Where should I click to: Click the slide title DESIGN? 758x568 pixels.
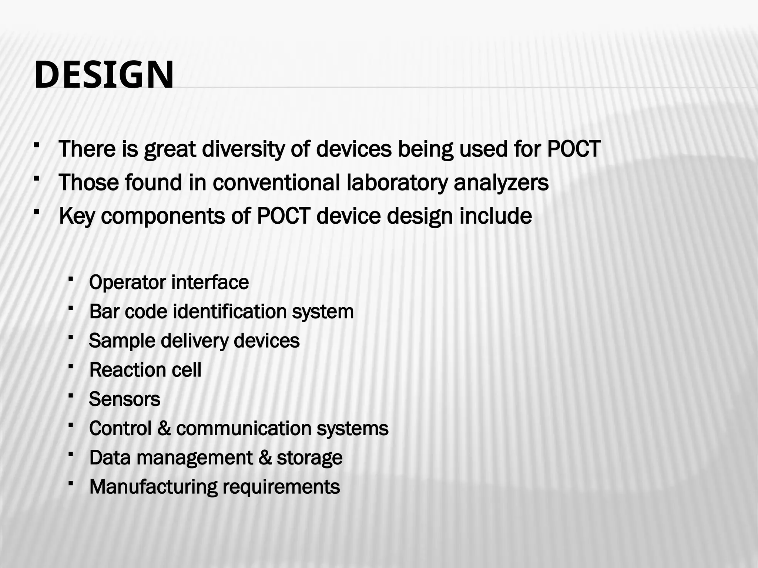pyautogui.click(x=104, y=75)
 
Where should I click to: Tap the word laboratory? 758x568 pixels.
pyautogui.click(x=396, y=183)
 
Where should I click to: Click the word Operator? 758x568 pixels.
pyautogui.click(x=127, y=283)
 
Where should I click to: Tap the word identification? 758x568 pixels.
pyautogui.click(x=229, y=311)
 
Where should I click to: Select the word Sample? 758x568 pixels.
pyautogui.click(x=122, y=341)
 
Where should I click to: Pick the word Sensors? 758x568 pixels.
pyautogui.click(x=124, y=399)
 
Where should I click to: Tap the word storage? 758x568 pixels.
pyautogui.click(x=309, y=458)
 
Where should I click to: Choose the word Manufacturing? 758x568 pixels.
pyautogui.click(x=153, y=487)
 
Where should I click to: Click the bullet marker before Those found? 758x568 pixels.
pyautogui.click(x=36, y=179)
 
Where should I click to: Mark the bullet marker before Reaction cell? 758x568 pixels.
pyautogui.click(x=71, y=366)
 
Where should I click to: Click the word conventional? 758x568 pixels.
pyautogui.click(x=276, y=183)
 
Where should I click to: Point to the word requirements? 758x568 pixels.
pyautogui.click(x=281, y=487)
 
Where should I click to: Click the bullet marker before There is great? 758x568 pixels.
pyautogui.click(x=36, y=145)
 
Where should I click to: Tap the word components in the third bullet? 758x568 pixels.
pyautogui.click(x=163, y=216)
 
